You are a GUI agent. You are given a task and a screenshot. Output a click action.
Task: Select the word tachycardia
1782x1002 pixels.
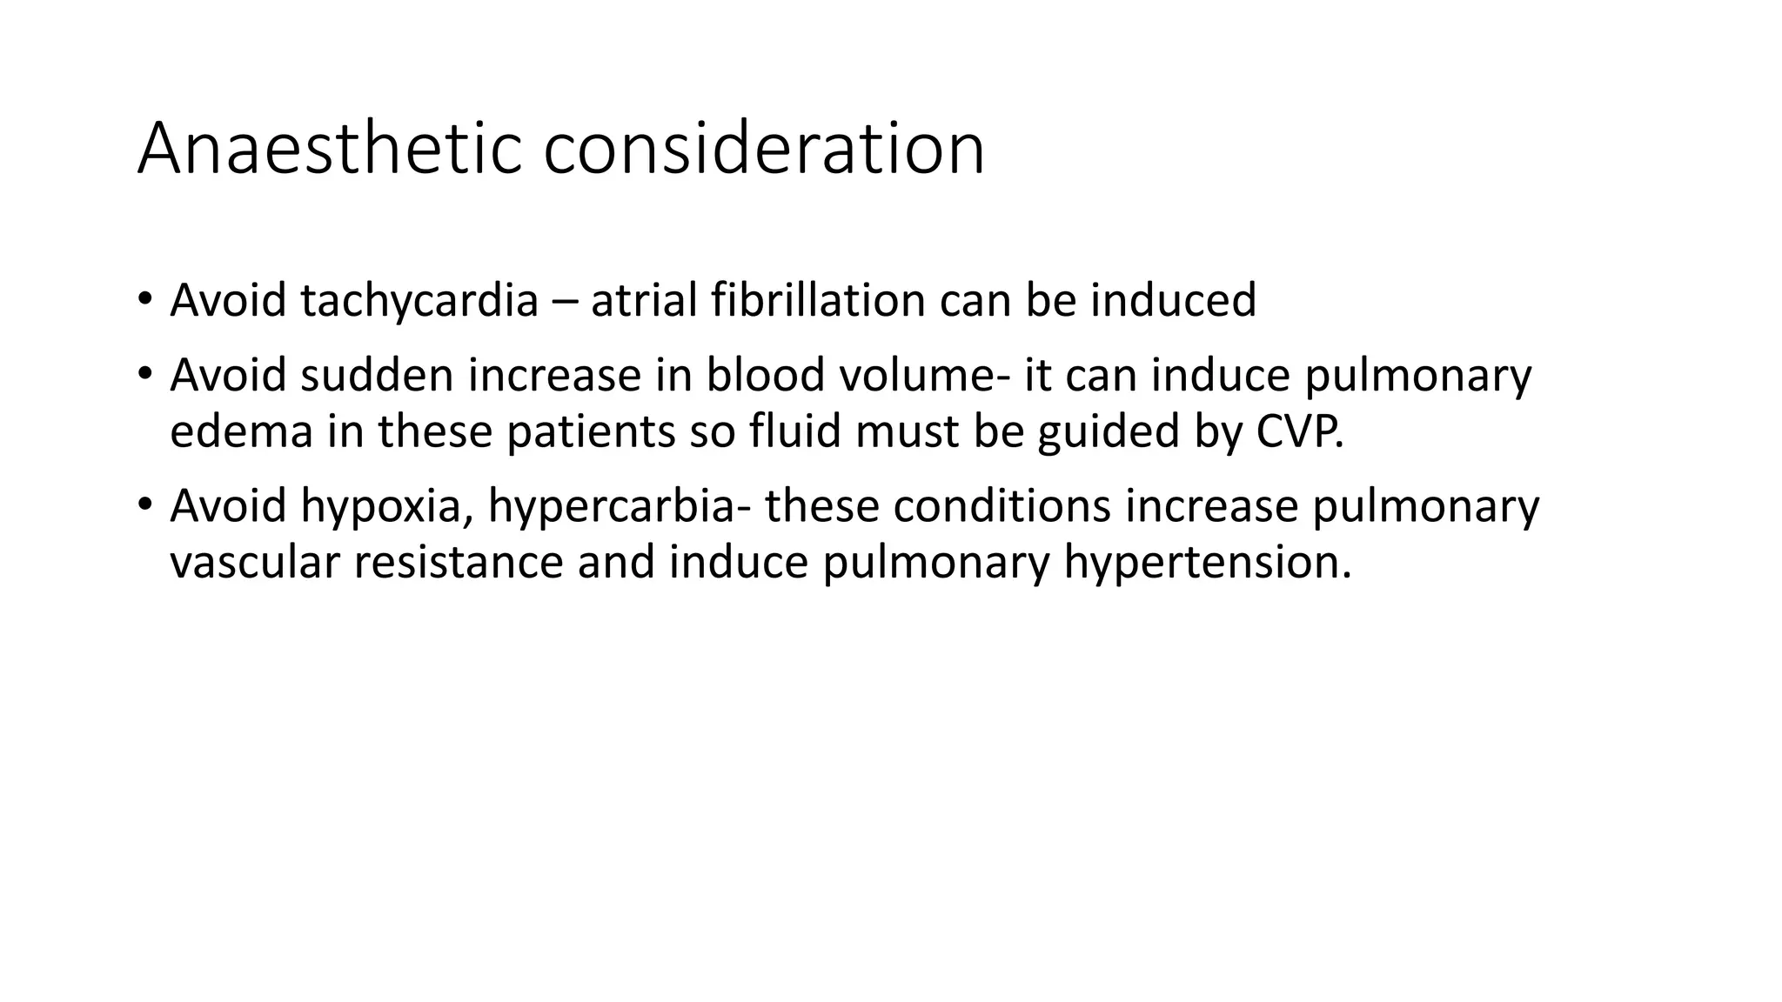click(419, 300)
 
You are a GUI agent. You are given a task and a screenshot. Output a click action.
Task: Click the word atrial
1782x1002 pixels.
click(644, 300)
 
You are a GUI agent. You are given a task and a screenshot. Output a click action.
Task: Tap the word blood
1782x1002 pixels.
click(766, 375)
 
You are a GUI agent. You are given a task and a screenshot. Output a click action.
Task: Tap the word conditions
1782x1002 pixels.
click(1002, 506)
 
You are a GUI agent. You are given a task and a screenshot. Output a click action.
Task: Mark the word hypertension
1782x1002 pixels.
click(1207, 563)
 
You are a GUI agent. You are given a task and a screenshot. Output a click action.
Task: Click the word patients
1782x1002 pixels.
click(591, 431)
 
